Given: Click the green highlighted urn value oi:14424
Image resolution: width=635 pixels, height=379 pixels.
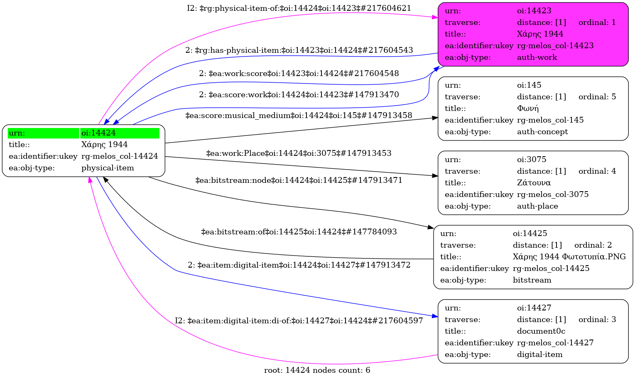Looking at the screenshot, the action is coord(98,133).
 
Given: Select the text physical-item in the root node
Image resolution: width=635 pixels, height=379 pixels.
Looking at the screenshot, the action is coord(108,168).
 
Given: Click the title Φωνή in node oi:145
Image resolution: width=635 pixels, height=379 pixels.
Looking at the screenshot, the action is coord(527,108).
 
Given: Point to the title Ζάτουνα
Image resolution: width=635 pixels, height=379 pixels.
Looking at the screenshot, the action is coord(534,183).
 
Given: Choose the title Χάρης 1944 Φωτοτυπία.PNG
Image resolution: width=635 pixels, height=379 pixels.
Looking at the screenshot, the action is coord(569,257).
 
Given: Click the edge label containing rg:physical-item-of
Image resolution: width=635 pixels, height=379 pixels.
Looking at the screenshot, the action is coord(299,8).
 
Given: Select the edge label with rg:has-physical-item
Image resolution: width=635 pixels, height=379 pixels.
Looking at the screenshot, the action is coord(299,50).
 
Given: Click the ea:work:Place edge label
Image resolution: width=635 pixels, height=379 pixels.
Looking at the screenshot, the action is coord(299,153).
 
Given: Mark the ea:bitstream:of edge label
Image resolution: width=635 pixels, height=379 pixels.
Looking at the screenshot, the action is coord(299,232).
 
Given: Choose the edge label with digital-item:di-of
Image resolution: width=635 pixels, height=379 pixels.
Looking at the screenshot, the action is coord(299,320).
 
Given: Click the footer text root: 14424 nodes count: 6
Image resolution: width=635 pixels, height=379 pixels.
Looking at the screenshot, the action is coord(317,370).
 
